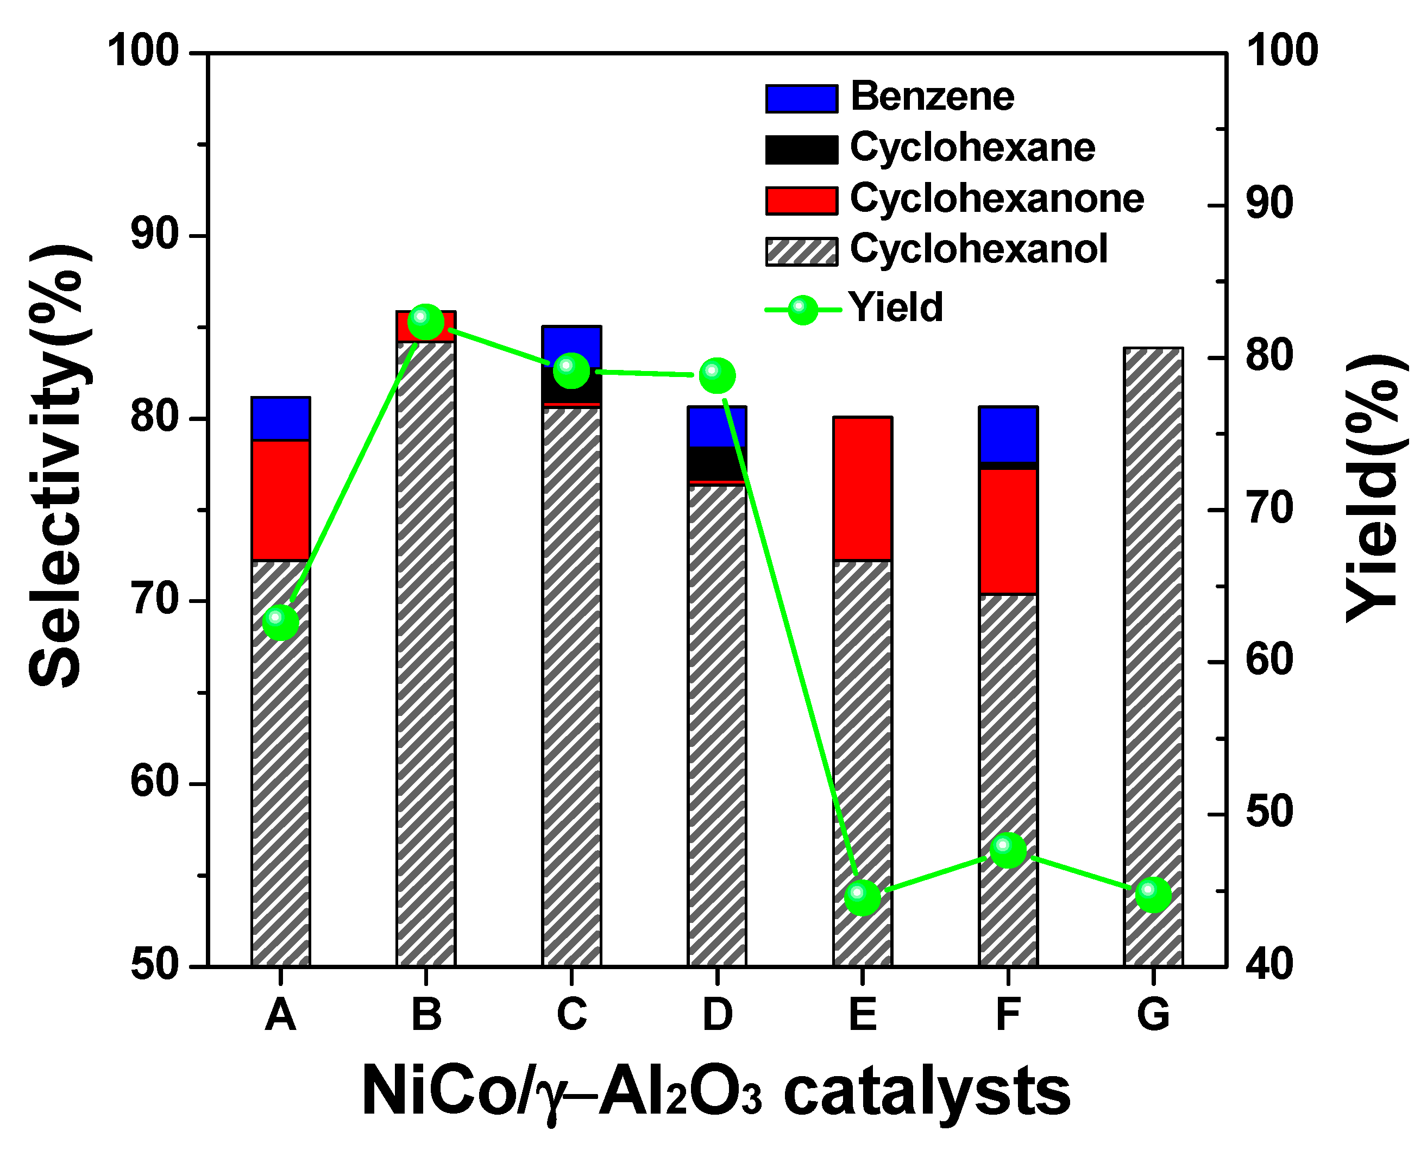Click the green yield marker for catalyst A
[x=280, y=622]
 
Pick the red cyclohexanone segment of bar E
[x=863, y=489]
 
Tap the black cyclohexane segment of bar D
[x=718, y=463]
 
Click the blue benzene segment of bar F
[x=1008, y=435]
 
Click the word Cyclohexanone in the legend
[x=996, y=198]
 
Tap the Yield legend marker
[x=803, y=309]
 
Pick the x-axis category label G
[x=1153, y=1014]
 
